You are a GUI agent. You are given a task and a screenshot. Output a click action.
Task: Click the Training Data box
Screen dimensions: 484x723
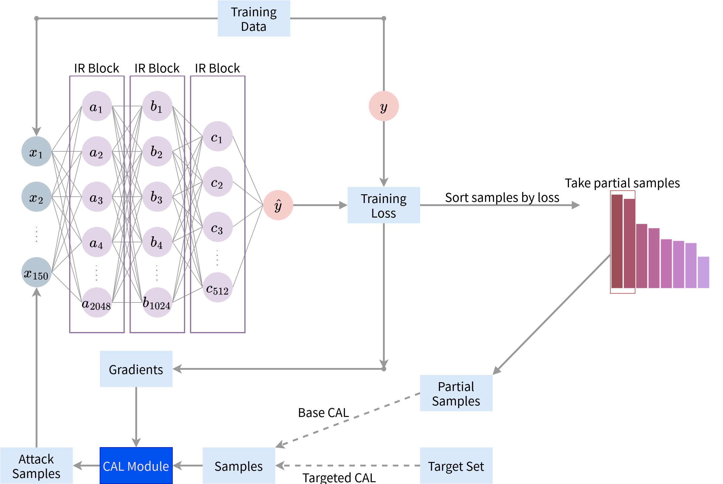(x=254, y=18)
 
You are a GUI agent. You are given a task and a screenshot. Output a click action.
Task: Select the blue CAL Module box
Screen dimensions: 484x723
(x=136, y=466)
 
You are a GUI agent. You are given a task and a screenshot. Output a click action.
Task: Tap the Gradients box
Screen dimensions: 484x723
(x=136, y=369)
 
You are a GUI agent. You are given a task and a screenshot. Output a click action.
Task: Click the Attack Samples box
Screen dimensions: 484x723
(x=37, y=466)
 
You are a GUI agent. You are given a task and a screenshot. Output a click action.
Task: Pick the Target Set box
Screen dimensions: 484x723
(x=456, y=466)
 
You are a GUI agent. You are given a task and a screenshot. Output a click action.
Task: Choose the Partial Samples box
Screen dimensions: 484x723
(x=456, y=393)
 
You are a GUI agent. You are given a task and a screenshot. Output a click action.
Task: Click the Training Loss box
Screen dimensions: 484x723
(x=384, y=205)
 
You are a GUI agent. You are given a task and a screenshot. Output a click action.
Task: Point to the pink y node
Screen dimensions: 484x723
(x=384, y=106)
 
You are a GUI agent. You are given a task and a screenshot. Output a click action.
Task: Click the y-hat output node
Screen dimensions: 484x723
(x=278, y=205)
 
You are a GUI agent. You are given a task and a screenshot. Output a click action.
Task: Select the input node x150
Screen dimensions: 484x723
(x=37, y=272)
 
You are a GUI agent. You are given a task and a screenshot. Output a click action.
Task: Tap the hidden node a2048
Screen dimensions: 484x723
(x=97, y=302)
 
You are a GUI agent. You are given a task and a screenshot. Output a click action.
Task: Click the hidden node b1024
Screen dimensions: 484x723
(x=157, y=302)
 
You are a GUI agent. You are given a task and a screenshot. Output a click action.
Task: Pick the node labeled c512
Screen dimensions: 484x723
(x=217, y=287)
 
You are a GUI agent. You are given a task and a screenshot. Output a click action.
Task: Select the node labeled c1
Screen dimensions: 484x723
(x=217, y=137)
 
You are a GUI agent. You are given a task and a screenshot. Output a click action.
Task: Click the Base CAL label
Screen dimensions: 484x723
(x=323, y=412)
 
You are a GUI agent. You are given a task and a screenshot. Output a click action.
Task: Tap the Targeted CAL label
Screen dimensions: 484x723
(x=339, y=477)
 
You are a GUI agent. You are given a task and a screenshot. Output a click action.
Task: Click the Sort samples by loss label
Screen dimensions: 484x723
(x=502, y=197)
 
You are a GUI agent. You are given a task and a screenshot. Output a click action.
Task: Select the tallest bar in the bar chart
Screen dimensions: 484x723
(x=616, y=241)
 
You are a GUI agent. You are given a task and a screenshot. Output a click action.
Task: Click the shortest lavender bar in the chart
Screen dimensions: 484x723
(x=703, y=272)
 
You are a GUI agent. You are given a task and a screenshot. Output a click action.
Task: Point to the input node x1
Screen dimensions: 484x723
(x=37, y=152)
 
